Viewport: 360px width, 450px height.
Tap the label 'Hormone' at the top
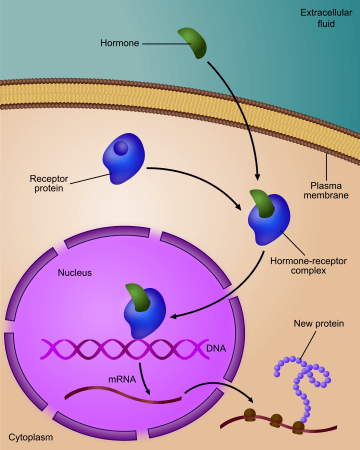tap(120, 43)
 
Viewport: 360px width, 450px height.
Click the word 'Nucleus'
tap(74, 272)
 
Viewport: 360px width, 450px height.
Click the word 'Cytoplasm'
tap(31, 437)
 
